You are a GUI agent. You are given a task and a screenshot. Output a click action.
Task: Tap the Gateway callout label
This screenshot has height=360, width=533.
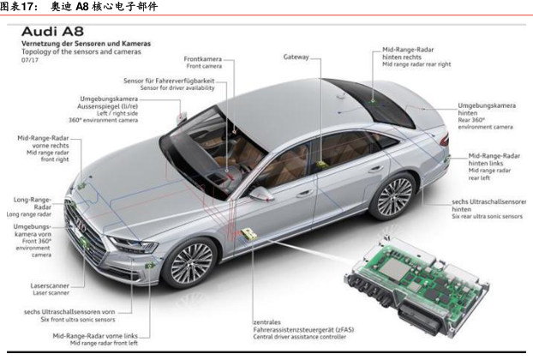[x=296, y=57]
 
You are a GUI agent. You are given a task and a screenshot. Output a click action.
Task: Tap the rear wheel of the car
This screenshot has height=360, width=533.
[x=395, y=195]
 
